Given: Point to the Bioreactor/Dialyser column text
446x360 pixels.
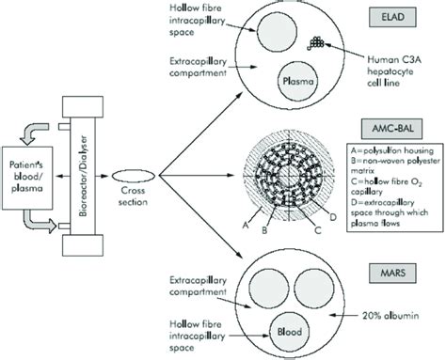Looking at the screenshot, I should [92, 174].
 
